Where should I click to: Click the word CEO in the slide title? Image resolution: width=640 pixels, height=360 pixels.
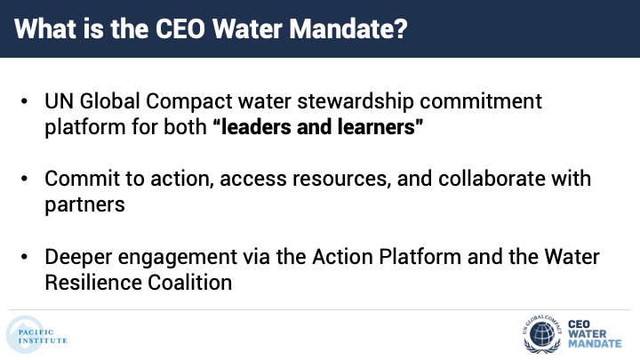(x=180, y=29)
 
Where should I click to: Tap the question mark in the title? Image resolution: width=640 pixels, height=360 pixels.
(x=400, y=29)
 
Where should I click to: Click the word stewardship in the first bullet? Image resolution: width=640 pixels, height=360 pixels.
(x=355, y=102)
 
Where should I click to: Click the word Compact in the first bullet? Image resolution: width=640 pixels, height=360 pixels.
(x=189, y=102)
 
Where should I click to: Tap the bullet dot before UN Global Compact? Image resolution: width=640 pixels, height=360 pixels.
(x=24, y=101)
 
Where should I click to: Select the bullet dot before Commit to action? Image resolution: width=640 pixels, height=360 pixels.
(x=24, y=179)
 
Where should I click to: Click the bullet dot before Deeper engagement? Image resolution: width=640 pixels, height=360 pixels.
(x=24, y=257)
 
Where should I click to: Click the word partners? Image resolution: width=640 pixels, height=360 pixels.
(x=85, y=205)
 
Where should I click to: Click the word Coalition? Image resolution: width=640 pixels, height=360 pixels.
(x=190, y=283)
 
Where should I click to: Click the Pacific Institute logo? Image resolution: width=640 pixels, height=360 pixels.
(x=36, y=335)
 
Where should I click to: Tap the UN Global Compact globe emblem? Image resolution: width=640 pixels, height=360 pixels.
(x=542, y=335)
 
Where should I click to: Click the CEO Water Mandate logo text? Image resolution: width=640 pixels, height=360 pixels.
(x=595, y=334)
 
